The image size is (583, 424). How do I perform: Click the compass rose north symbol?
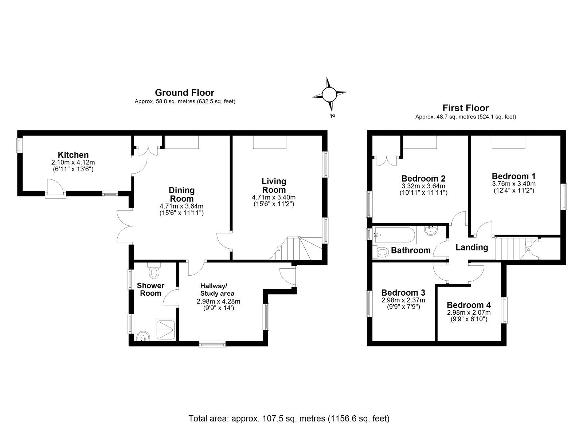(x=329, y=96)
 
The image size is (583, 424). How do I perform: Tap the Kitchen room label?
(x=73, y=155)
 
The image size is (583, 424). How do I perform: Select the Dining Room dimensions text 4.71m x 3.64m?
(x=181, y=206)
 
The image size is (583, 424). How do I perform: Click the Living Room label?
(x=274, y=185)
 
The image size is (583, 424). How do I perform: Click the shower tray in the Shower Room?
(x=166, y=330)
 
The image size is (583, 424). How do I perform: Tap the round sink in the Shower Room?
(x=144, y=336)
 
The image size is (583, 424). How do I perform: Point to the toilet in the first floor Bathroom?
(x=381, y=252)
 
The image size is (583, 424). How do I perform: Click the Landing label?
(x=472, y=247)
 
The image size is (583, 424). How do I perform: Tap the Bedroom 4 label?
(x=469, y=305)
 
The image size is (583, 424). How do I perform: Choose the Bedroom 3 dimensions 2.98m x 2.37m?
(x=403, y=300)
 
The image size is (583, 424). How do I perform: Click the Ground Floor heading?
(x=184, y=93)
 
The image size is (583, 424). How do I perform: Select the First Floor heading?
(x=465, y=108)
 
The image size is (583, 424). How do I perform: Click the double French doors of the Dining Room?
(x=124, y=226)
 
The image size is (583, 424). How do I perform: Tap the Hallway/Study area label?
(x=218, y=289)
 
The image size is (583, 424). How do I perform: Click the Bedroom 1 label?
(x=513, y=176)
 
